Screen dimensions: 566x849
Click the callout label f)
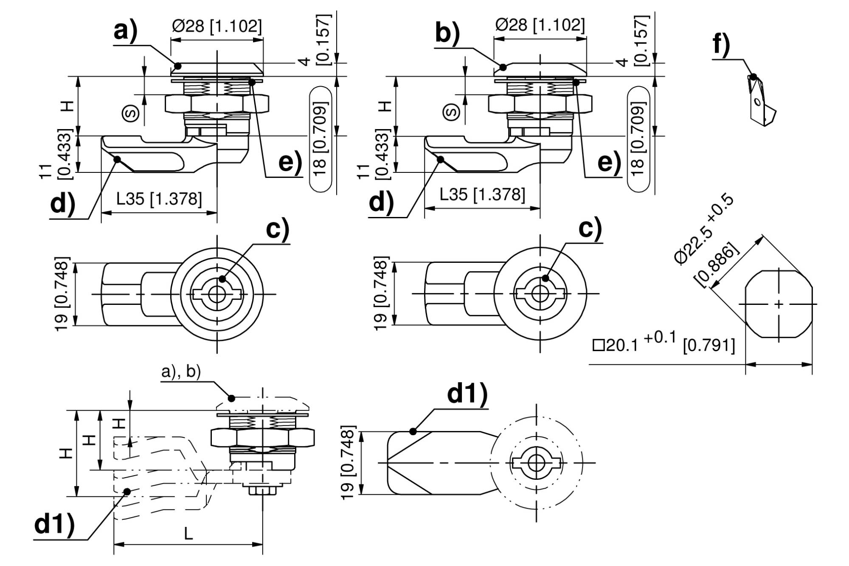[x=721, y=44]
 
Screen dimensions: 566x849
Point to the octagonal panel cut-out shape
[x=779, y=304]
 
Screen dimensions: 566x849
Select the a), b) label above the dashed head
[x=181, y=372]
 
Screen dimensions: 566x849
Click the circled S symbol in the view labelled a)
[x=130, y=113]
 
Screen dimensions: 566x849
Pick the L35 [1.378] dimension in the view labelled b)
[x=482, y=195]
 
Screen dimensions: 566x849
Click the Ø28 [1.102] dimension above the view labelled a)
[x=216, y=26]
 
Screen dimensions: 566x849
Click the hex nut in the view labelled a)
[x=216, y=103]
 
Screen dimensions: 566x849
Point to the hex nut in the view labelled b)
[x=540, y=103]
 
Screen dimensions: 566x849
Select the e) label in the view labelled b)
[x=609, y=162]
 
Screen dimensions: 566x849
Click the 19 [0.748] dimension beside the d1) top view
[x=347, y=463]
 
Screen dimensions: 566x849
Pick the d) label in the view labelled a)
[x=62, y=204]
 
